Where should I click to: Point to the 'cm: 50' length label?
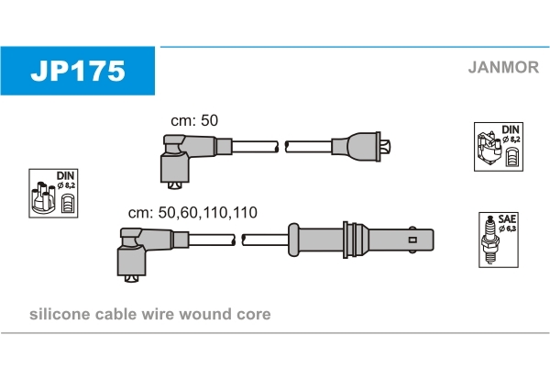tap(194, 121)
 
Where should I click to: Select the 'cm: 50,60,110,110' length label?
tap(192, 212)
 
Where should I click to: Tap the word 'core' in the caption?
tap(253, 314)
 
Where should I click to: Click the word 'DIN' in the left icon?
tap(66, 175)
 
